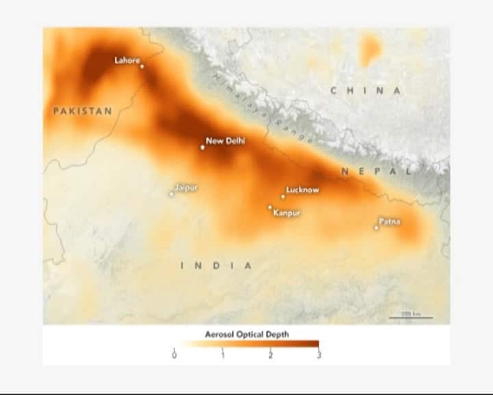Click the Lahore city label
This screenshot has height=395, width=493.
click(x=127, y=60)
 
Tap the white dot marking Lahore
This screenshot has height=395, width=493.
click(x=142, y=67)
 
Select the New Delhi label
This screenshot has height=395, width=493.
click(x=225, y=141)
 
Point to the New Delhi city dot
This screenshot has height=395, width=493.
click(x=203, y=147)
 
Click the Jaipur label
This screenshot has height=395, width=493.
click(x=186, y=187)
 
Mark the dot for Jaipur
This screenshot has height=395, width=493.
click(x=172, y=194)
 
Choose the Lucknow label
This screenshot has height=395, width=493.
click(x=302, y=190)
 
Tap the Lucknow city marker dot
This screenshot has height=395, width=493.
click(x=283, y=197)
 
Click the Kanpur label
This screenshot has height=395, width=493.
click(x=286, y=213)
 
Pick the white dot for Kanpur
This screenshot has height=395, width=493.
click(x=270, y=207)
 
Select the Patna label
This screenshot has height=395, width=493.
click(x=390, y=222)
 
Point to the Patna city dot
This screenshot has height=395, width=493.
click(x=376, y=228)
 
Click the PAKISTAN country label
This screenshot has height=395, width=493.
click(x=82, y=110)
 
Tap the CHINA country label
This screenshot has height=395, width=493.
click(x=366, y=91)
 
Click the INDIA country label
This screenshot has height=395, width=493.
click(x=216, y=265)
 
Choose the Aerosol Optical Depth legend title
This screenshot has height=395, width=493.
click(x=247, y=334)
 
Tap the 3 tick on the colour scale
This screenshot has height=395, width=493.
click(x=318, y=355)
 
